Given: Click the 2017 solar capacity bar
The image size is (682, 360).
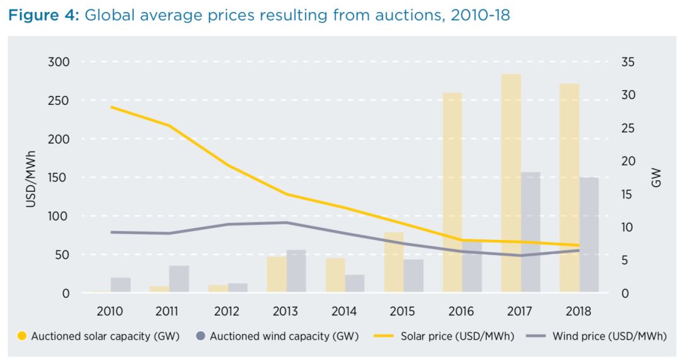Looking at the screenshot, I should coord(511,183).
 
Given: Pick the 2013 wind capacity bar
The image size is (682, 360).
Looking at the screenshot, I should coord(296,271).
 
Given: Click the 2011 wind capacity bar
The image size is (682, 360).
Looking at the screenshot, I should coord(179,279).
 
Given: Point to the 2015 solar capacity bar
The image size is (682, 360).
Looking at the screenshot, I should coord(393,262).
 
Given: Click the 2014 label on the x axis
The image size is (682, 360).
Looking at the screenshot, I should coord(344,311).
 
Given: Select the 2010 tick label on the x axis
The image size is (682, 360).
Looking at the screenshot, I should coord(110,311).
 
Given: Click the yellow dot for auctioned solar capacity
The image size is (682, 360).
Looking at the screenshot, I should coord(21,337).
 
